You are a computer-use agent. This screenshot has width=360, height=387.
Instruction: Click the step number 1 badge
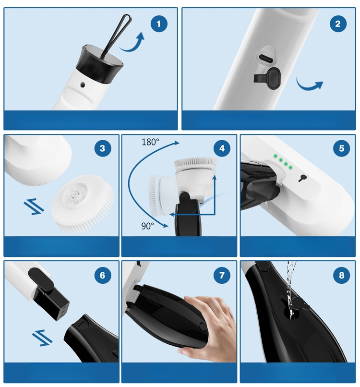click(x=159, y=24)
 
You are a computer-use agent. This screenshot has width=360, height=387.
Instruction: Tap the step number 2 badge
click(x=338, y=24)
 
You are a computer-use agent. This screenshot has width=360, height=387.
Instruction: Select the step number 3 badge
click(x=102, y=148)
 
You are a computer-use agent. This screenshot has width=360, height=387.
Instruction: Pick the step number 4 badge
click(x=222, y=148)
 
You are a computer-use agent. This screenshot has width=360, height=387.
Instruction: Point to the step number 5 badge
click(x=341, y=148)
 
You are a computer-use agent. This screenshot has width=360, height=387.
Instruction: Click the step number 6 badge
click(x=102, y=275)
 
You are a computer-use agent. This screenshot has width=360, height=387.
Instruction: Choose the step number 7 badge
click(x=222, y=275)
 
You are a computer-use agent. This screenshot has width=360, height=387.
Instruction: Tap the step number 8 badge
click(x=341, y=275)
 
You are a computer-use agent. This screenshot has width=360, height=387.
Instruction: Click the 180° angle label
click(x=150, y=142)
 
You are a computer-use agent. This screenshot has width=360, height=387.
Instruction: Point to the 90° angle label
click(x=147, y=226)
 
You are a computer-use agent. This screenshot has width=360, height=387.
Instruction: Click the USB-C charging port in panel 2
click(x=265, y=58)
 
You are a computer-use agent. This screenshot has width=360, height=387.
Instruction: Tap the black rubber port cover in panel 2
click(x=267, y=78)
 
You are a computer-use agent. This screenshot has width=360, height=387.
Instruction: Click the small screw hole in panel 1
click(x=83, y=85)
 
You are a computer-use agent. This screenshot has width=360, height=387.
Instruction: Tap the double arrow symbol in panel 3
click(x=34, y=206)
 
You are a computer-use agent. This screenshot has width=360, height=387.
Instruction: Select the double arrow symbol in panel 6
click(x=42, y=338)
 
